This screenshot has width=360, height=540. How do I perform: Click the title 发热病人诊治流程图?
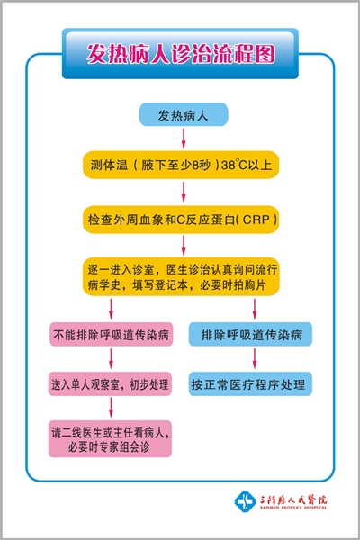[x=181, y=54]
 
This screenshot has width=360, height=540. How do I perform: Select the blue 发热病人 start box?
[x=184, y=114]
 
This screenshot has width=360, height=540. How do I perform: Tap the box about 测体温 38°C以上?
[x=181, y=165]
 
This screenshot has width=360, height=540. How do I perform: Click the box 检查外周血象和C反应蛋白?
[x=181, y=220]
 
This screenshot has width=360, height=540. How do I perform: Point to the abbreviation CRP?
[x=256, y=220]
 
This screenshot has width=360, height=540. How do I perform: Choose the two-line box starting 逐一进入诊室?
[x=181, y=276]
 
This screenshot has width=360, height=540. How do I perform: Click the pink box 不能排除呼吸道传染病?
[x=111, y=334]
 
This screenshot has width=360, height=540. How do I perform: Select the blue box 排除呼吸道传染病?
[x=250, y=334]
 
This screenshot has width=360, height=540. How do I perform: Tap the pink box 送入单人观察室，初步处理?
[x=110, y=383]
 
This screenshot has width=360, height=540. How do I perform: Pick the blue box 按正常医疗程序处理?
[x=250, y=383]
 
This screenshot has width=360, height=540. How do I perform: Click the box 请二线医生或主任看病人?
[x=110, y=439]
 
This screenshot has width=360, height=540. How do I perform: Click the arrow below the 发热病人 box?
[x=184, y=139]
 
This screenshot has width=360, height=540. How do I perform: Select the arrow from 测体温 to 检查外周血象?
[x=184, y=192]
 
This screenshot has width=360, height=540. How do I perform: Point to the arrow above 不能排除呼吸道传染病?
[x=111, y=309]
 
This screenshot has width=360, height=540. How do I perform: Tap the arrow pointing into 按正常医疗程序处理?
[x=255, y=358]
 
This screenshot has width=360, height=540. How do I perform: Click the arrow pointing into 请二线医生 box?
[x=111, y=408]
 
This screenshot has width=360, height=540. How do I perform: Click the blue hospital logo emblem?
[x=245, y=501]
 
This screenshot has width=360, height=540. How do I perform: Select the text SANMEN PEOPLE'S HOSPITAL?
[x=293, y=508]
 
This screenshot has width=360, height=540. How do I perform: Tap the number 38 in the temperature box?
[x=228, y=165]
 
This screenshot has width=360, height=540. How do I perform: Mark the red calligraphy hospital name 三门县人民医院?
[x=293, y=499]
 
